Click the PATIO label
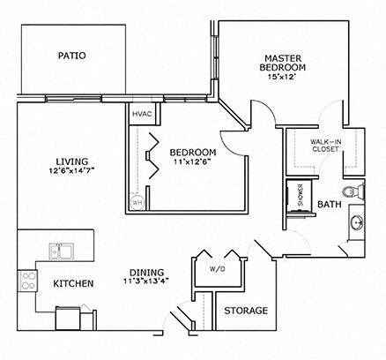tap(71, 56)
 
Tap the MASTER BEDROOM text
tap(283, 63)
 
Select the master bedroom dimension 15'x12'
tap(284, 77)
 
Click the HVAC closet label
tap(142, 115)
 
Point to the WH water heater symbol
tap(137, 202)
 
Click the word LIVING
tap(71, 161)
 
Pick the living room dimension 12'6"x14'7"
tap(71, 171)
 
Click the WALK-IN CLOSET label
tap(325, 146)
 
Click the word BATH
tap(330, 205)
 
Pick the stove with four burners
tap(27, 282)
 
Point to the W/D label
tap(216, 269)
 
